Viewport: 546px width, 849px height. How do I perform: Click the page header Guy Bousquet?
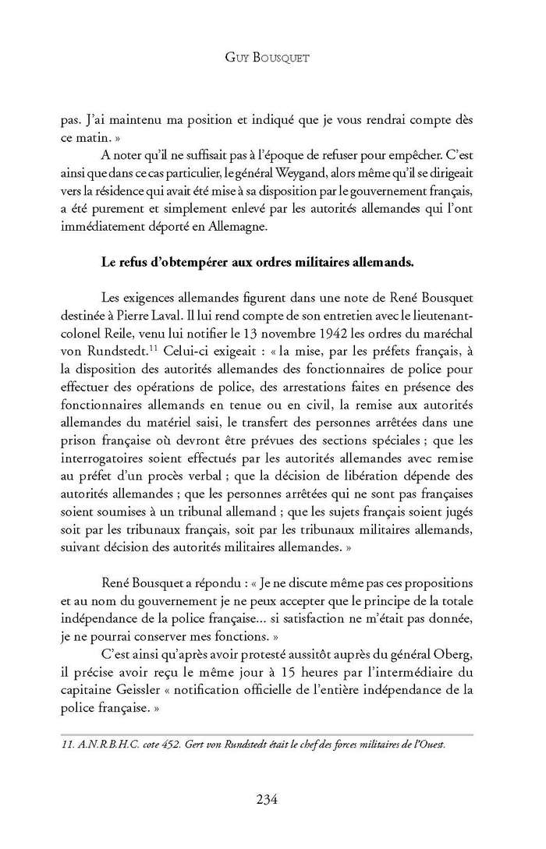point(273,58)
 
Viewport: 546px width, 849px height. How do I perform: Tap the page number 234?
point(272,798)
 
